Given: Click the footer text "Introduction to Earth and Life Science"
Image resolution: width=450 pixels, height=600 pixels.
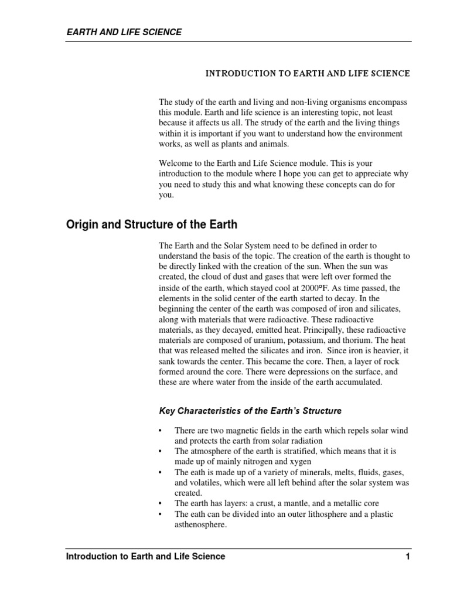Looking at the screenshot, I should (x=145, y=557).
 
